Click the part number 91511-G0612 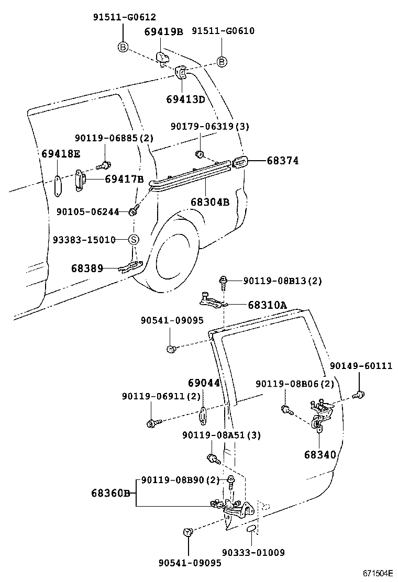point(124,17)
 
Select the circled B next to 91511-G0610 point(222,62)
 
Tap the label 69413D point(185,99)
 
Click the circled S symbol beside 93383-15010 point(134,240)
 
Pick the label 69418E point(61,153)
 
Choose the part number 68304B point(209,202)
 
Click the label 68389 point(87,268)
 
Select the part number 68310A point(267,305)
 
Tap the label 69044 point(204,383)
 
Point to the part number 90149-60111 point(360,366)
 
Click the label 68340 point(320,454)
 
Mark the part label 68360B point(110,493)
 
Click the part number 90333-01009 point(253,552)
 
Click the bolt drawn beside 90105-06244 point(134,211)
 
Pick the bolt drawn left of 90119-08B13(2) point(224,281)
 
